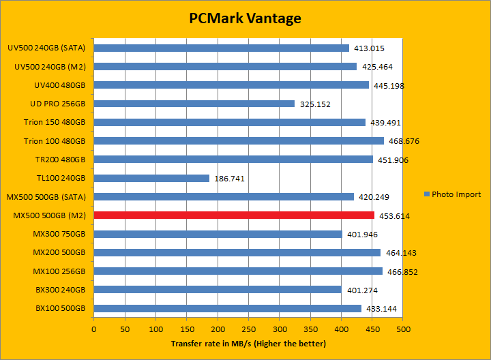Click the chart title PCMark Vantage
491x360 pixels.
coord(245,18)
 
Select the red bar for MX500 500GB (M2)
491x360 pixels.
coord(234,215)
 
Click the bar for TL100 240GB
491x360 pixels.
coord(151,178)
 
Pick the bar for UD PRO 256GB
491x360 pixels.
coord(194,104)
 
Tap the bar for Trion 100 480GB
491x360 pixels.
coord(239,141)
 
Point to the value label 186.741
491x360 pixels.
coord(230,179)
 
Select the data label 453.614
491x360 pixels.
coord(394,216)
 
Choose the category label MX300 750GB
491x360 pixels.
coord(59,234)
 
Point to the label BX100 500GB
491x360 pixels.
coord(60,308)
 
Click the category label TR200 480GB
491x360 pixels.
coord(60,160)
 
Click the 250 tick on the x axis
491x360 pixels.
coord(249,329)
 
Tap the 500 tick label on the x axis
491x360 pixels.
coord(403,329)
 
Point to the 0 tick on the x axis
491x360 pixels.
coord(94,329)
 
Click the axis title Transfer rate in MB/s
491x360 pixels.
coord(248,343)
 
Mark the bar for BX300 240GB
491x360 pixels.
coord(218,290)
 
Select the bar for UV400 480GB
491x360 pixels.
coord(231,85)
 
